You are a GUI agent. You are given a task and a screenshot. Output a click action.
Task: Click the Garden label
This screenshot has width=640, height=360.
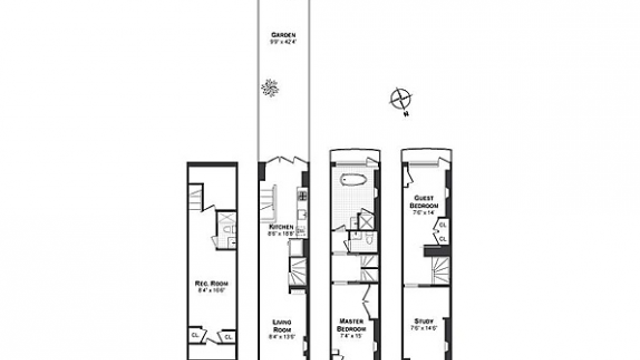point(283,35)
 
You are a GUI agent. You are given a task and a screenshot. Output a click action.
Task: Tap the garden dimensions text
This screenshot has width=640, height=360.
point(283,42)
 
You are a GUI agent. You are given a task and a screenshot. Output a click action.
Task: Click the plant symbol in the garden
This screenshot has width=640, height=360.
point(270,88)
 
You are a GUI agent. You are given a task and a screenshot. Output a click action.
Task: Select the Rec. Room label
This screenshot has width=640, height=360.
point(212,284)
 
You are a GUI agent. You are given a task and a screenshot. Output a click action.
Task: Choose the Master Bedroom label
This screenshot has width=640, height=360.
point(351,325)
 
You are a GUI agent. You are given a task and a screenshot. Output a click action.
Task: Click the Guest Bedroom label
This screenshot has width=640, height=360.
point(424,202)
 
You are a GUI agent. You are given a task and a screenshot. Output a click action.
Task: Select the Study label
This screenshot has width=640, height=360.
point(424,321)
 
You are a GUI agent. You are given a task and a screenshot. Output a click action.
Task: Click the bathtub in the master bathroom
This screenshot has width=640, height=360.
point(353,180)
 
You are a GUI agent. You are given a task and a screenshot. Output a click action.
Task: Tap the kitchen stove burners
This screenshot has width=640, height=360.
point(303,195)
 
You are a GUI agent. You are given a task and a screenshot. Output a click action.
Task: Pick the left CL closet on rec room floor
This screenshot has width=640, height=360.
point(195,335)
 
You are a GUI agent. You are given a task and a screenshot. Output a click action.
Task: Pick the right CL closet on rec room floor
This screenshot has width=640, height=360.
point(228,337)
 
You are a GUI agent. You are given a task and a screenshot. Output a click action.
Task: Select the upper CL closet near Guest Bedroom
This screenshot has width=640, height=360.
point(442,225)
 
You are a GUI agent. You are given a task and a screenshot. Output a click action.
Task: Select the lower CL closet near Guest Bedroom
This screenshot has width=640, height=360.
point(442,239)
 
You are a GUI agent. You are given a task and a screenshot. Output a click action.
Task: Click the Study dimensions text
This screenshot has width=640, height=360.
point(424,328)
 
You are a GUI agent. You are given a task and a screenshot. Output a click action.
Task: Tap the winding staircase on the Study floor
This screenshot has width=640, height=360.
point(441,271)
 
